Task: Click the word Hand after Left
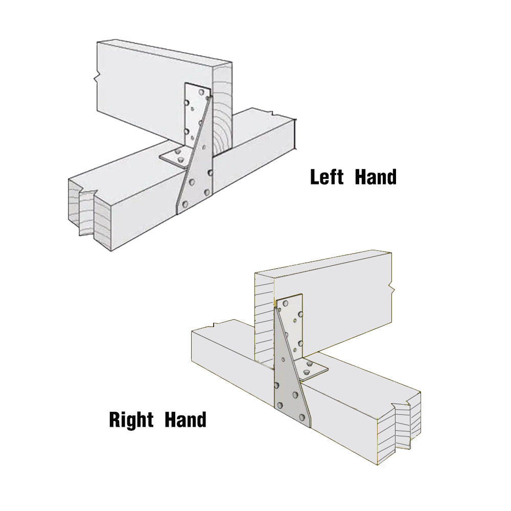click(376, 177)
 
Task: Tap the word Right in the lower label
click(132, 420)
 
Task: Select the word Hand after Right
click(185, 420)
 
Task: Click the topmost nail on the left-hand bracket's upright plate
click(202, 92)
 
